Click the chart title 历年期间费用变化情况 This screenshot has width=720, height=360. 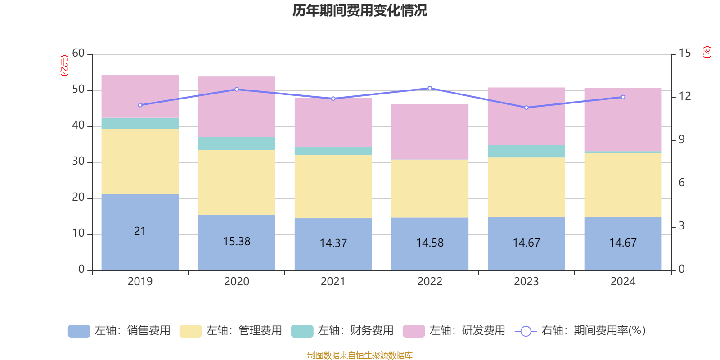click(x=360, y=10)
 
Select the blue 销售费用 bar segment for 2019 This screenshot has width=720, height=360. click(x=140, y=211)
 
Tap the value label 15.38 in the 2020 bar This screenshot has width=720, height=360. click(x=237, y=242)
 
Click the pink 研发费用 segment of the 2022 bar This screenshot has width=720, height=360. click(x=430, y=132)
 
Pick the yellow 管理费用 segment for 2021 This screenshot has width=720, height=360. click(x=333, y=186)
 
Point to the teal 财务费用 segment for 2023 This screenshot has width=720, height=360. click(x=526, y=151)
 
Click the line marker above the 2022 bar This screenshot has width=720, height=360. click(x=430, y=88)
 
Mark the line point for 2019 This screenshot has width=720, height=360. click(x=140, y=105)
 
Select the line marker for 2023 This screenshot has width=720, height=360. click(x=526, y=108)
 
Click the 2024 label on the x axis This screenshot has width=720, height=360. click(x=623, y=282)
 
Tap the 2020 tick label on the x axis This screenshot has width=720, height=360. click(x=237, y=282)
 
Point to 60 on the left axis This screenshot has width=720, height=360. click(x=78, y=54)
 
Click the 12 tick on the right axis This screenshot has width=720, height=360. click(x=684, y=96)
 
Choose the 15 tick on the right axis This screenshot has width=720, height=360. click(x=684, y=54)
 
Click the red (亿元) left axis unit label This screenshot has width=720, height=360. click(x=64, y=66)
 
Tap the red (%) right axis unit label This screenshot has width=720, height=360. click(x=707, y=52)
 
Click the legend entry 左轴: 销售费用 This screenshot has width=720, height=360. click(x=119, y=331)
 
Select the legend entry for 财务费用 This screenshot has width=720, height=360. click(x=342, y=331)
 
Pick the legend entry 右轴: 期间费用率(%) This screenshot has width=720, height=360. click(x=580, y=331)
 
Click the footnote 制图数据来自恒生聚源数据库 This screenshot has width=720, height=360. click(x=360, y=355)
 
